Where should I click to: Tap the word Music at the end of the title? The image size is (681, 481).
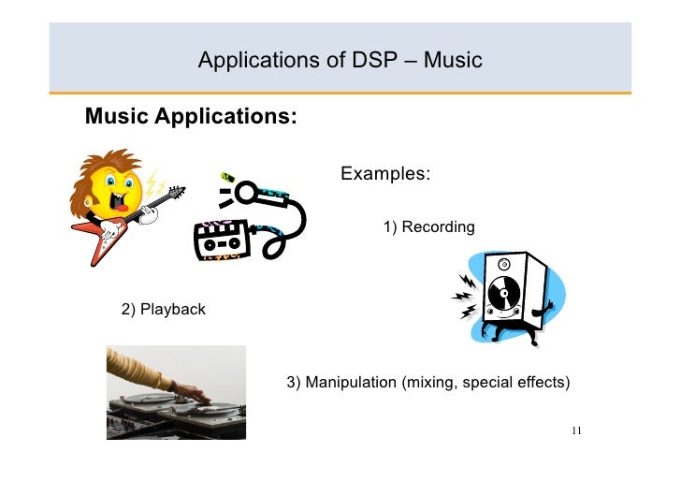pos(452,62)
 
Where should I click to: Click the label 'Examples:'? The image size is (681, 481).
pos(385,174)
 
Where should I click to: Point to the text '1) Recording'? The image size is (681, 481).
pos(428,227)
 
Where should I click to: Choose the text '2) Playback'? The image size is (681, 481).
pos(163,309)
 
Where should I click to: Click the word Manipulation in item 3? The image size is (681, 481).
pos(350,383)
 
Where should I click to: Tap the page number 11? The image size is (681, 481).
pos(575,430)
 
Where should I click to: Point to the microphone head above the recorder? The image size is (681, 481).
pos(245,194)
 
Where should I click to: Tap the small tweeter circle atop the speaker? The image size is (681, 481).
pos(505,264)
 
